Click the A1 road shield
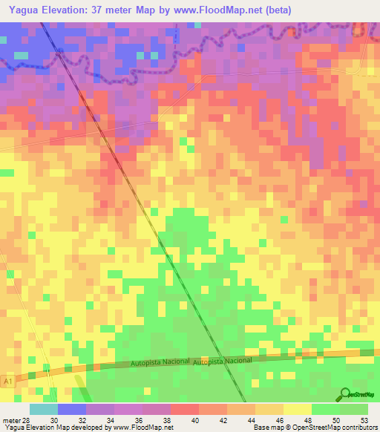[x=8, y=381]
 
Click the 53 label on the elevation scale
[x=364, y=420]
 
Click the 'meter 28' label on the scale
[x=15, y=420]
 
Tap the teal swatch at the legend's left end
[x=44, y=409]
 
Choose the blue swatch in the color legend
[x=72, y=409]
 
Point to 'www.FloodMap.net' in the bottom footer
[x=143, y=428]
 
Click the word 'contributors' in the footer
[x=357, y=428]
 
